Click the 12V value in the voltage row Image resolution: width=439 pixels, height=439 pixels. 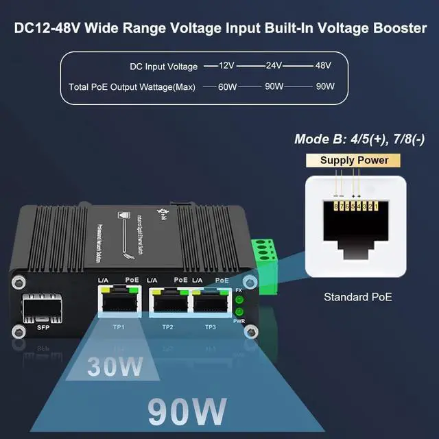click(227, 66)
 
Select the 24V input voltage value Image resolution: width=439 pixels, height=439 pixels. click(274, 66)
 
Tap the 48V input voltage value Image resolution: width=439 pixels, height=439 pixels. click(323, 66)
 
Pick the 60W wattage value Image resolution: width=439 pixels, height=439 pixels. click(227, 87)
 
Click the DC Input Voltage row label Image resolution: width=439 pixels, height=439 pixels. click(163, 67)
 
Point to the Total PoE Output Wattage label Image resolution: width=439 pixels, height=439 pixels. click(132, 87)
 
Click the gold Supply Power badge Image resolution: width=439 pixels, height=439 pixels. click(355, 161)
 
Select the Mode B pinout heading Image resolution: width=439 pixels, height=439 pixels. click(359, 139)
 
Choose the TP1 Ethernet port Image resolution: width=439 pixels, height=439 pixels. click(119, 302)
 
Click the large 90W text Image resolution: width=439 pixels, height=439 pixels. click(187, 412)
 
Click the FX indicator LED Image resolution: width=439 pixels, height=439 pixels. click(239, 299)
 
